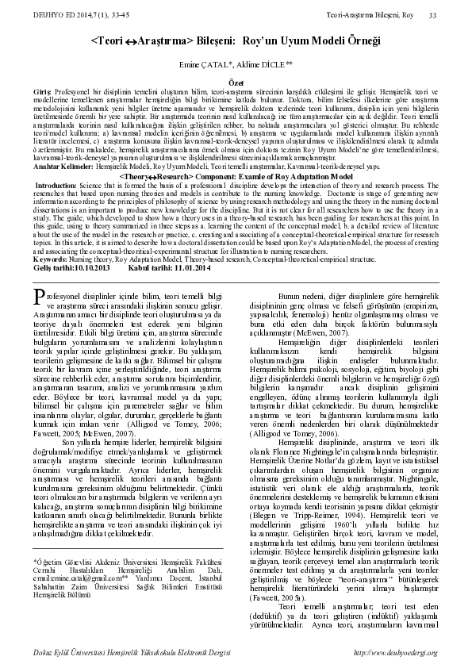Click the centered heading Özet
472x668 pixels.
(x=236, y=80)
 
